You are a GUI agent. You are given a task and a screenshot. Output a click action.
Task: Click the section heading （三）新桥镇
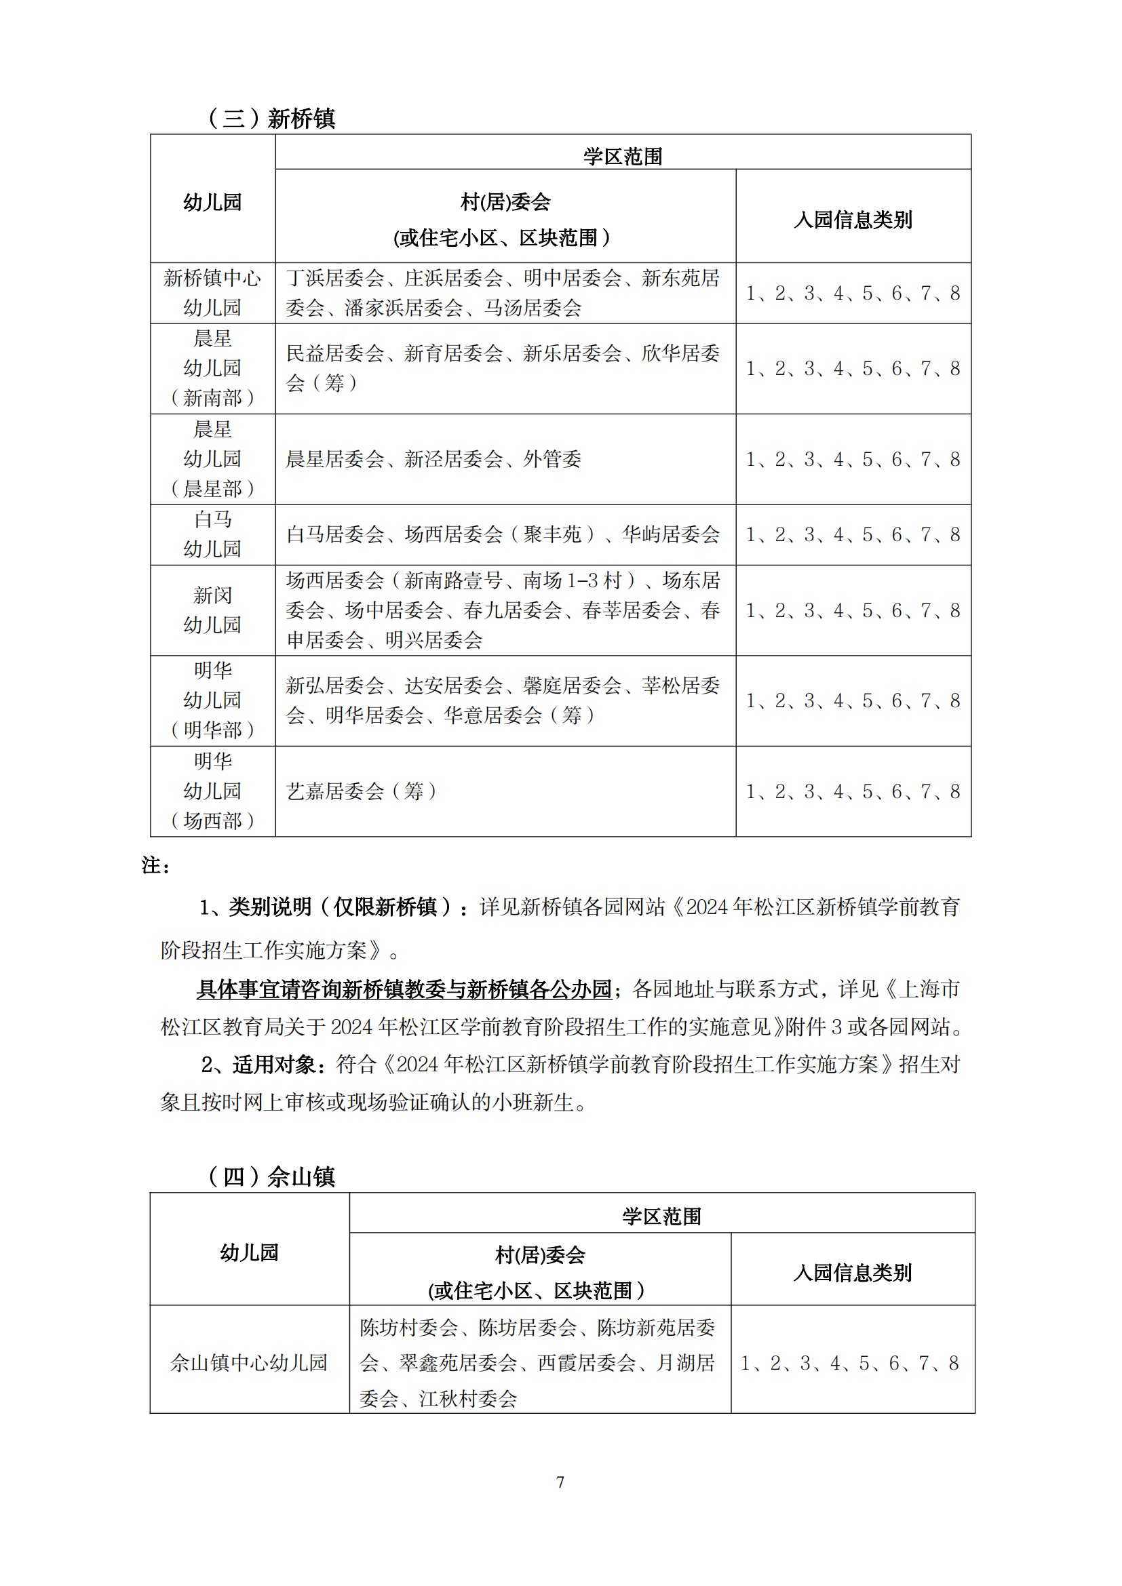point(271,118)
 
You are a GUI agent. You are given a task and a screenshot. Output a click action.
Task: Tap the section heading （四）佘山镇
point(271,1176)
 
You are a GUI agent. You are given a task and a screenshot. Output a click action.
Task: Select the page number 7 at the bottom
point(560,1482)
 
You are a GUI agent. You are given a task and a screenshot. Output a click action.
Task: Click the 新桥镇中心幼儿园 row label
point(213,293)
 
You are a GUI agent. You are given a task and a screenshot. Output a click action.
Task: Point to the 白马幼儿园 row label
point(213,534)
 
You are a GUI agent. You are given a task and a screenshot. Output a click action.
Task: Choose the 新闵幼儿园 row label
point(213,610)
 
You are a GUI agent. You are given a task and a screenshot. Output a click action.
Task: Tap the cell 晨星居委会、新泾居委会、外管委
point(434,458)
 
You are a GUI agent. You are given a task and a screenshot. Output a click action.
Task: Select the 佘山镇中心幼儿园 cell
point(249,1362)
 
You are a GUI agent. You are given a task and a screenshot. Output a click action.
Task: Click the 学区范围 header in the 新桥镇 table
point(623,156)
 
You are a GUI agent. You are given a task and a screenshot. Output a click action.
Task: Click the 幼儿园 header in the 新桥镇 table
point(213,201)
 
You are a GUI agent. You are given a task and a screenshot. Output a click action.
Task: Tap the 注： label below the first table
point(156,865)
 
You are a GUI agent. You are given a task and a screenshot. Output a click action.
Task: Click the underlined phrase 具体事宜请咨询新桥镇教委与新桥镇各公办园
point(404,989)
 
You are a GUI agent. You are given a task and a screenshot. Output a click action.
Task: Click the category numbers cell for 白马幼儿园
point(853,534)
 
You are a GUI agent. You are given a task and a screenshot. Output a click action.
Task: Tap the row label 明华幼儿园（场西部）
point(213,791)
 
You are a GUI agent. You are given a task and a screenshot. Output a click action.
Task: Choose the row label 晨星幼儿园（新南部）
point(213,368)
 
